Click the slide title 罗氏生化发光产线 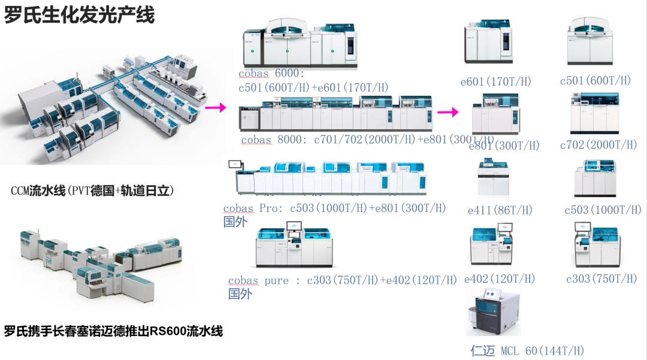tap(80, 14)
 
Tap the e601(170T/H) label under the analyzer tap(495, 81)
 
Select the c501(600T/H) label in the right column tap(595, 81)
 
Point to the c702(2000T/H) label tap(598, 145)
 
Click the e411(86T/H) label tap(500, 210)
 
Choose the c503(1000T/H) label tap(603, 210)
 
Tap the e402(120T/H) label tap(500, 279)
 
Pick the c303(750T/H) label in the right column tap(601, 279)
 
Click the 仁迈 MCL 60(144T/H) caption tap(527, 351)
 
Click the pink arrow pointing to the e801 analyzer tap(448, 112)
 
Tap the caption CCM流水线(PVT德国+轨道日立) tap(92, 191)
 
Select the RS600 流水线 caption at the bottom tap(114, 331)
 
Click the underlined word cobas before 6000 tap(253, 74)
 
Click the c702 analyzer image tap(594, 114)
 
